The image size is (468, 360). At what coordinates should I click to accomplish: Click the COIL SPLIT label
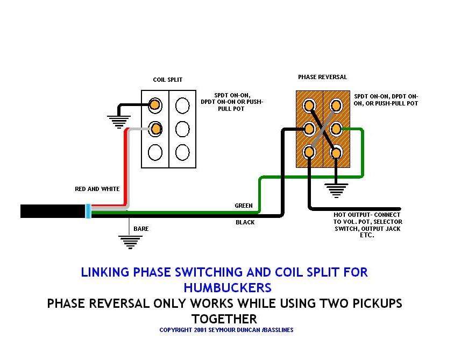click(x=167, y=80)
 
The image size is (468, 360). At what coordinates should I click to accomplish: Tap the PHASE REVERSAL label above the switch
click(x=322, y=77)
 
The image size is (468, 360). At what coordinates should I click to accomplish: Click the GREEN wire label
click(x=243, y=206)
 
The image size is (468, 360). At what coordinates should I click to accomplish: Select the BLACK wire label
click(x=245, y=222)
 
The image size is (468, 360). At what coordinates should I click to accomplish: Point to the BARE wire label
click(x=141, y=229)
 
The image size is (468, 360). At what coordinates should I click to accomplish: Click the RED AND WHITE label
click(x=96, y=189)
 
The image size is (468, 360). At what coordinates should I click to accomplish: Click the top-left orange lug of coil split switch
click(x=155, y=104)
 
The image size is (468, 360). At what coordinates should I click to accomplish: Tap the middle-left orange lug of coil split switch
click(x=155, y=129)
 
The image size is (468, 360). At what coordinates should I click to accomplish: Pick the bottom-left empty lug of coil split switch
click(x=155, y=152)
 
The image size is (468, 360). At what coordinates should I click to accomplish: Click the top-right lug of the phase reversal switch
click(x=336, y=105)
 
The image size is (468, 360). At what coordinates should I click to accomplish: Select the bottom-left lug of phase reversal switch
click(x=309, y=153)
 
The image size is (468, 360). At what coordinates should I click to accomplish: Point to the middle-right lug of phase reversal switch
click(x=336, y=129)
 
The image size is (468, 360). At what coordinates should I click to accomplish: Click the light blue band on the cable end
click(x=88, y=211)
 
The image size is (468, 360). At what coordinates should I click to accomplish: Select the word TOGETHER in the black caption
click(x=224, y=319)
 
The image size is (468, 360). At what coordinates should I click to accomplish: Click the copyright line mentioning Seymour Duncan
click(x=226, y=330)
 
